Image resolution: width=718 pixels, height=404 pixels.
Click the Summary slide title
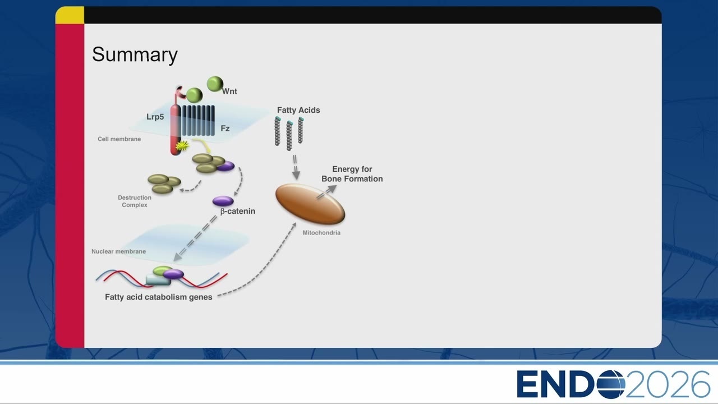135,55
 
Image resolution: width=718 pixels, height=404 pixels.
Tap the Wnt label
229,91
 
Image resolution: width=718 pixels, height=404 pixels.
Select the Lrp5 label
155,117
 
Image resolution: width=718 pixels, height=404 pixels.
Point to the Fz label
225,128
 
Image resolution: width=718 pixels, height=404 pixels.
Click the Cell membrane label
119,139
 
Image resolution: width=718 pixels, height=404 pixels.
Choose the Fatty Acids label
298,111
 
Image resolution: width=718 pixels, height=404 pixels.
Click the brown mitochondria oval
310,204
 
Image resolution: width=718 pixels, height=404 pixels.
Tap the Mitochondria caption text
321,233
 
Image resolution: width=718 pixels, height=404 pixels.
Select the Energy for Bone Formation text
352,174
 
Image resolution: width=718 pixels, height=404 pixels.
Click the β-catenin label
238,212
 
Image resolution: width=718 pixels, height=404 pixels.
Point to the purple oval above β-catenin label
223,201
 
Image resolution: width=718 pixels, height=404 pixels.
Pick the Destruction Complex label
135,201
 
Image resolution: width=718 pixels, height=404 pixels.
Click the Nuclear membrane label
118,252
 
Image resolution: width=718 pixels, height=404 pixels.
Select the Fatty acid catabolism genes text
159,297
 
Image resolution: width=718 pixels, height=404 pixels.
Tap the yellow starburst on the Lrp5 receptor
182,146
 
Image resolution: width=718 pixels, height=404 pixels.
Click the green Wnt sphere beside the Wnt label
215,84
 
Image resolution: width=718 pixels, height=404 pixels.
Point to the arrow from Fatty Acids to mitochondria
295,167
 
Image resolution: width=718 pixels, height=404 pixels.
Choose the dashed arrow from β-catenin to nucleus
196,238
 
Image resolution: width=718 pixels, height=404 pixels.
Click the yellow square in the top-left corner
70,15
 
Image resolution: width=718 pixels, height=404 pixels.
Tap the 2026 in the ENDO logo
668,384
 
